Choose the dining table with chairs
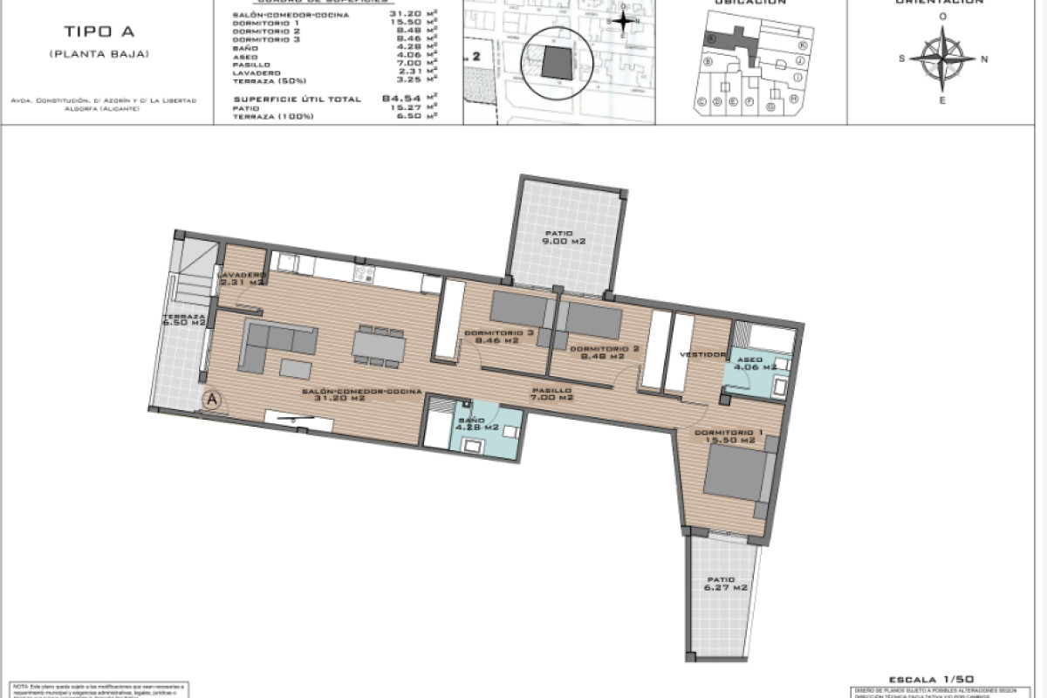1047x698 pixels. [379, 346]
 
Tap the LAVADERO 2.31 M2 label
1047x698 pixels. [242, 278]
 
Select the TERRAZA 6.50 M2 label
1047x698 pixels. [184, 319]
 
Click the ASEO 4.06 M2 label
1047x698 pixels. [756, 364]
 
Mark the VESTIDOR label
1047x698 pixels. [703, 354]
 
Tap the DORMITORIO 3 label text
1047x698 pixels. [498, 333]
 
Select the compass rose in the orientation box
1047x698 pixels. [942, 59]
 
